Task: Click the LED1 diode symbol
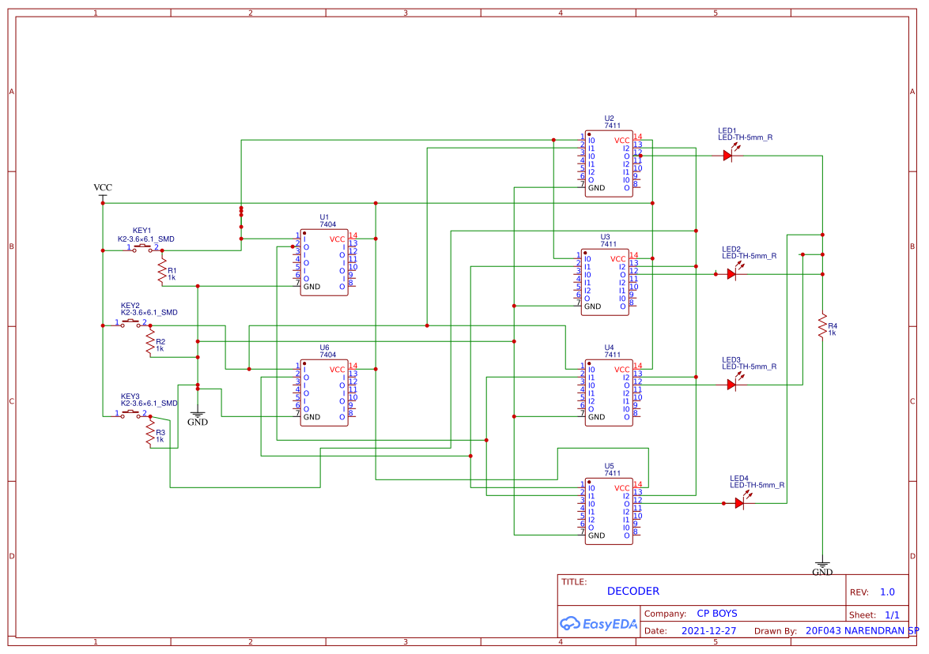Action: [x=728, y=156]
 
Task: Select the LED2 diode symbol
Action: [x=732, y=274]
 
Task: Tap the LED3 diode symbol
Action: [x=732, y=385]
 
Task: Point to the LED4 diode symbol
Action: [x=740, y=503]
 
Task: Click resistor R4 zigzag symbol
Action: [x=822, y=325]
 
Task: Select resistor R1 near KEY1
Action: [x=162, y=273]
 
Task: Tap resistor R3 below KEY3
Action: [x=150, y=433]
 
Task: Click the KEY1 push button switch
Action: [x=143, y=249]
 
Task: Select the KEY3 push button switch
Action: [x=131, y=414]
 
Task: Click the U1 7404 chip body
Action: [x=324, y=262]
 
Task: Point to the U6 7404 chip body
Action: [x=324, y=393]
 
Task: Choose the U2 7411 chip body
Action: [x=609, y=163]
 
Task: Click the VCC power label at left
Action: [x=103, y=188]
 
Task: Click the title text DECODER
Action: [x=633, y=591]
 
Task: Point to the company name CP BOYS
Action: [x=716, y=614]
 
